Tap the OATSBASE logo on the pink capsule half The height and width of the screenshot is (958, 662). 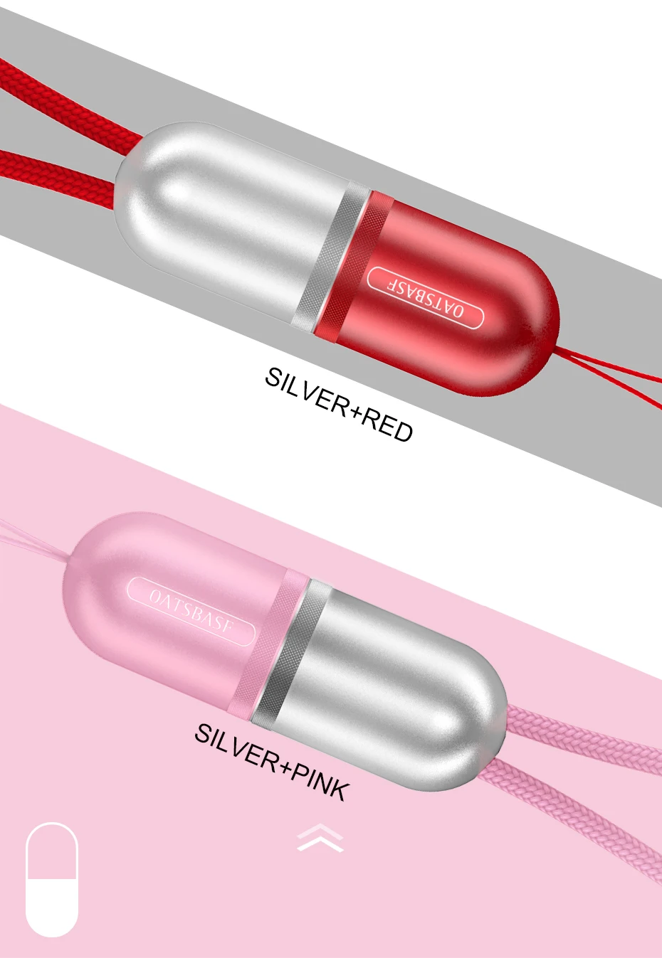tap(191, 611)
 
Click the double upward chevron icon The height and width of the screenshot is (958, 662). tap(320, 837)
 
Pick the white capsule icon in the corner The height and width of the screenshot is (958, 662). tap(51, 879)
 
